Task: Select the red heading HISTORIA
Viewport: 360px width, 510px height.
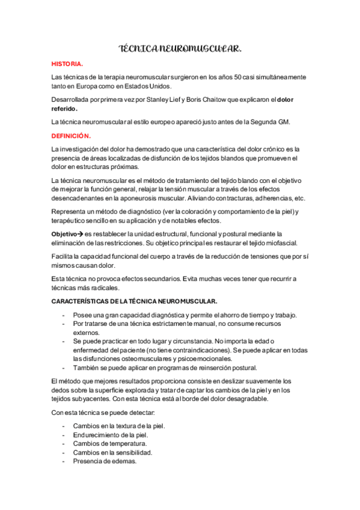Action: (x=67, y=63)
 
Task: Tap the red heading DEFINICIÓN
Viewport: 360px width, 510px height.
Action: (x=71, y=137)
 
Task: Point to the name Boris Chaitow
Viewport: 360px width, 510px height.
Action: (x=210, y=101)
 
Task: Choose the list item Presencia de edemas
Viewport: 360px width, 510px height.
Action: (x=105, y=461)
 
